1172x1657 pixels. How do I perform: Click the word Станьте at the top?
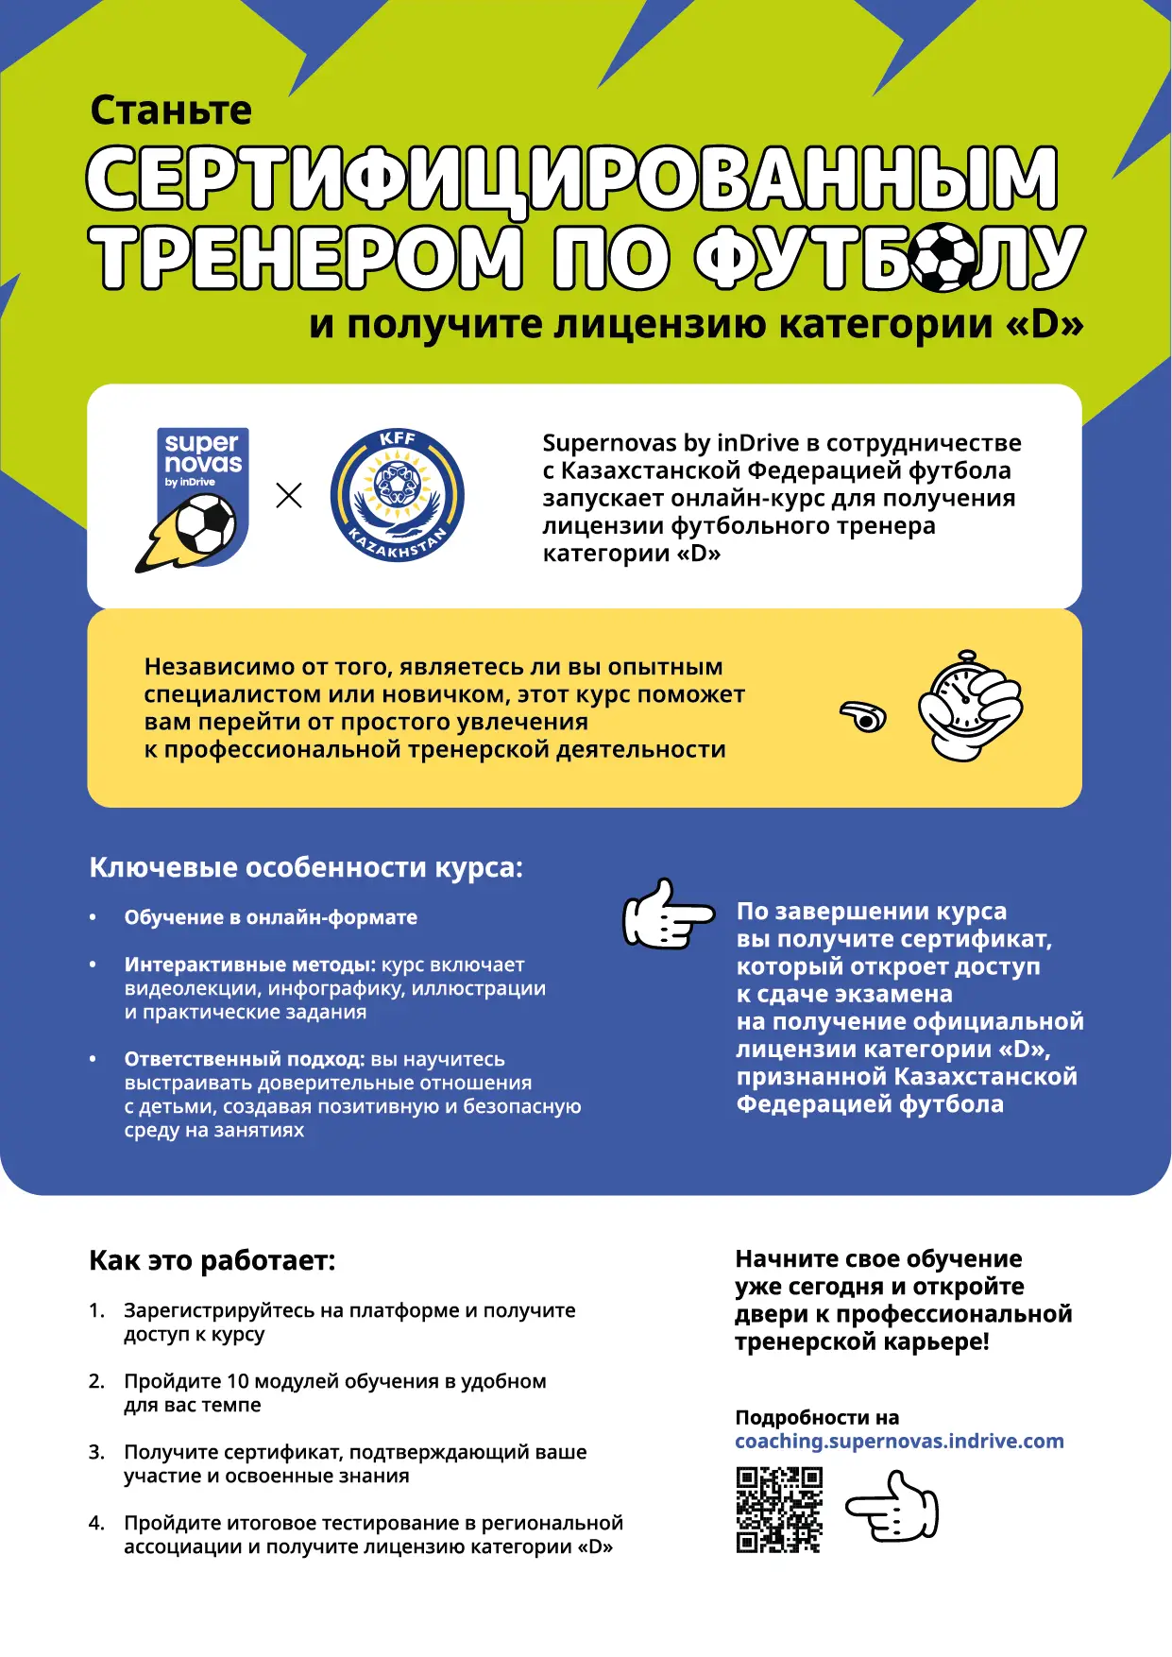(171, 111)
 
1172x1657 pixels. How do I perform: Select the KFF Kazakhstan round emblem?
(398, 495)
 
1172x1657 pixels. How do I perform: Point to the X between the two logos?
(289, 495)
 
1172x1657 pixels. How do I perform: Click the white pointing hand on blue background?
(667, 914)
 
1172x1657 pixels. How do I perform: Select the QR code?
(779, 1510)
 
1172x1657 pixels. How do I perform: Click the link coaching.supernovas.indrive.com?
(899, 1441)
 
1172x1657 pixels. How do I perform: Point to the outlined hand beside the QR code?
(892, 1508)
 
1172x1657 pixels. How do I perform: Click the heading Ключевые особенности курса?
(306, 867)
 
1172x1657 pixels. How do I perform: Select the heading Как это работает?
(212, 1260)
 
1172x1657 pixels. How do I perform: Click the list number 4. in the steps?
(96, 1523)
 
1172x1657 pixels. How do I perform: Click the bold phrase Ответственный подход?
(245, 1059)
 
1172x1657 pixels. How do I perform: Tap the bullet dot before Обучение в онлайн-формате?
(93, 917)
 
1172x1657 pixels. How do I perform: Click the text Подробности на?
(817, 1417)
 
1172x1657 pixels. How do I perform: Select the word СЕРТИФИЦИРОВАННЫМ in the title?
(572, 178)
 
